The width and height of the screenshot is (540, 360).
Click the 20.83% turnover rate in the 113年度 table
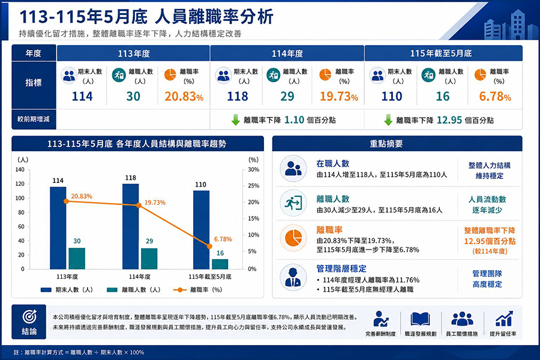tap(184, 97)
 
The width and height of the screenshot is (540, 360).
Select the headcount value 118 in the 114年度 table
tap(237, 97)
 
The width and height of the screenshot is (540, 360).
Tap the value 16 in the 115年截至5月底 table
tap(443, 97)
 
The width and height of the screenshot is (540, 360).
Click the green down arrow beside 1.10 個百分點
tap(236, 120)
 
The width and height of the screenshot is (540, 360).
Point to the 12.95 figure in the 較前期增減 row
tap(449, 120)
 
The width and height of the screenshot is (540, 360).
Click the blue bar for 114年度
tap(131, 226)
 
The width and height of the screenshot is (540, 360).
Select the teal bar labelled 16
tap(220, 264)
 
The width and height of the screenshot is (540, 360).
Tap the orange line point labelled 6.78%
tap(209, 247)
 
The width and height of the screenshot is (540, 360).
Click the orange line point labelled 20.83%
tap(66, 201)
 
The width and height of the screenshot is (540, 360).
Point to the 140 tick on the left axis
tap(20, 169)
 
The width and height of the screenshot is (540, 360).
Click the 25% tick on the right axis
tap(253, 185)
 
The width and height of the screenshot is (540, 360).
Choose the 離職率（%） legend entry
tap(197, 290)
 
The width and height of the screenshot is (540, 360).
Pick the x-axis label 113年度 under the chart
tap(67, 277)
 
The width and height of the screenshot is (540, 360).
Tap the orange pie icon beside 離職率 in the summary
tap(293, 238)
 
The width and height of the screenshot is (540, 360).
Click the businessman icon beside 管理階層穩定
tap(293, 277)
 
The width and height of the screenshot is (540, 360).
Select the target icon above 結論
tap(29, 316)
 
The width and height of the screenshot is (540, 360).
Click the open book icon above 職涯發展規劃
tap(420, 319)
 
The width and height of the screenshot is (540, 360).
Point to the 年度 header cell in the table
tap(34, 53)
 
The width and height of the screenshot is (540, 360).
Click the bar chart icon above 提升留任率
tap(504, 319)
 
